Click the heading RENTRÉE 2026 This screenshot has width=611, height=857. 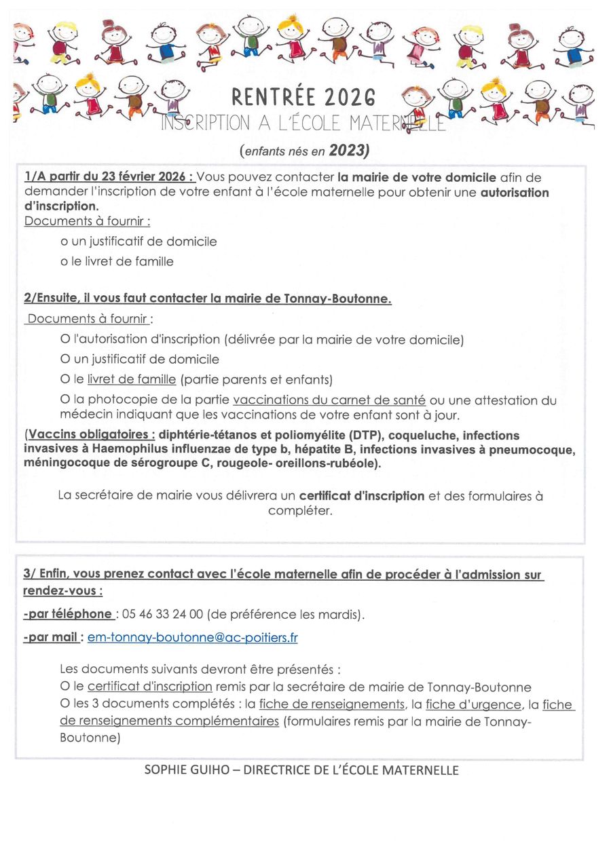pos(303,97)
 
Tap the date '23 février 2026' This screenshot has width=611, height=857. pos(146,178)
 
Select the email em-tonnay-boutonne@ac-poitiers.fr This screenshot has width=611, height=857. pos(192,638)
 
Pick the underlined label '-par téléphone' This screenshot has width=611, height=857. pos(68,614)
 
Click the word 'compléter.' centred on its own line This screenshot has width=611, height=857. pos(300,511)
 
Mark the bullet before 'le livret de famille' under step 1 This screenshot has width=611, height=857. pos(64,261)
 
